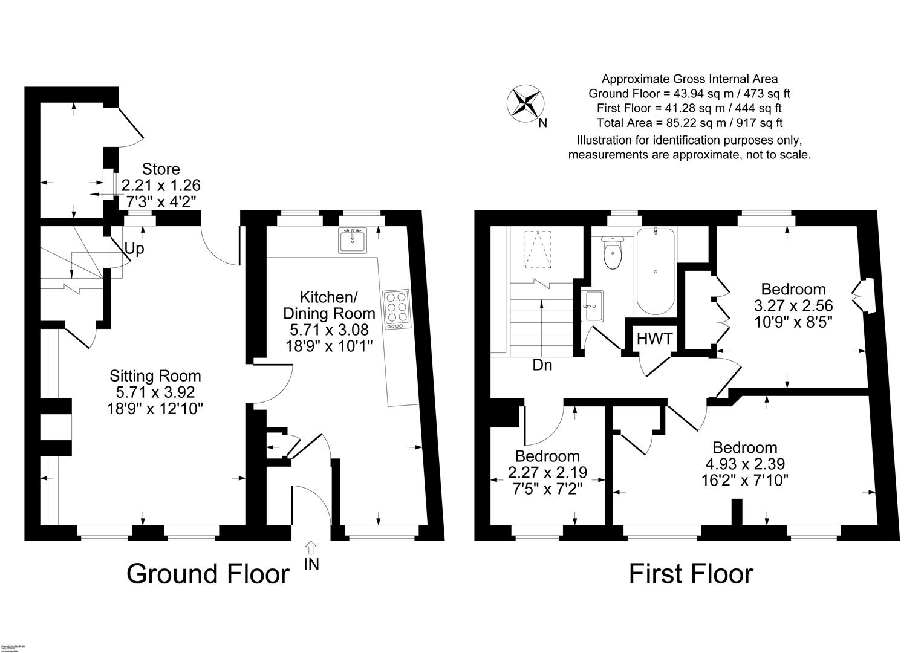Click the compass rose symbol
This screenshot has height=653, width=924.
click(x=525, y=102)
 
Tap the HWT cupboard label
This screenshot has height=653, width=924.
click(x=654, y=339)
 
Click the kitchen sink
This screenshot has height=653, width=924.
click(x=353, y=241)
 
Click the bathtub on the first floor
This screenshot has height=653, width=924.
click(x=656, y=270)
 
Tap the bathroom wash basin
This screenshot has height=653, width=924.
click(x=592, y=307)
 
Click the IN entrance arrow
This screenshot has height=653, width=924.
click(x=311, y=548)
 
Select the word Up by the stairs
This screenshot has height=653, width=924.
click(x=134, y=249)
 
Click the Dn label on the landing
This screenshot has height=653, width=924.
click(x=542, y=365)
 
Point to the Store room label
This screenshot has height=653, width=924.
click(x=161, y=169)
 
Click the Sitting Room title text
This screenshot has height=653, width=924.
click(x=155, y=376)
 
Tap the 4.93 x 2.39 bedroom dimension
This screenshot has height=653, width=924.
click(x=744, y=464)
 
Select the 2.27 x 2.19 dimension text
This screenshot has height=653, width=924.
click(x=547, y=472)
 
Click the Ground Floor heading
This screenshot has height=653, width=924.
click(x=208, y=573)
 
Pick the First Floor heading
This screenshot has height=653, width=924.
click(x=691, y=573)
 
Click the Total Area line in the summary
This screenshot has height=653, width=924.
click(x=689, y=123)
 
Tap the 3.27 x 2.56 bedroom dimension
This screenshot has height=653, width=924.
click(x=793, y=305)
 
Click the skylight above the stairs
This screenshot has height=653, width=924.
click(x=540, y=249)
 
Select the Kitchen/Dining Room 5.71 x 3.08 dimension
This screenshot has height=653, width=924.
click(x=329, y=330)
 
